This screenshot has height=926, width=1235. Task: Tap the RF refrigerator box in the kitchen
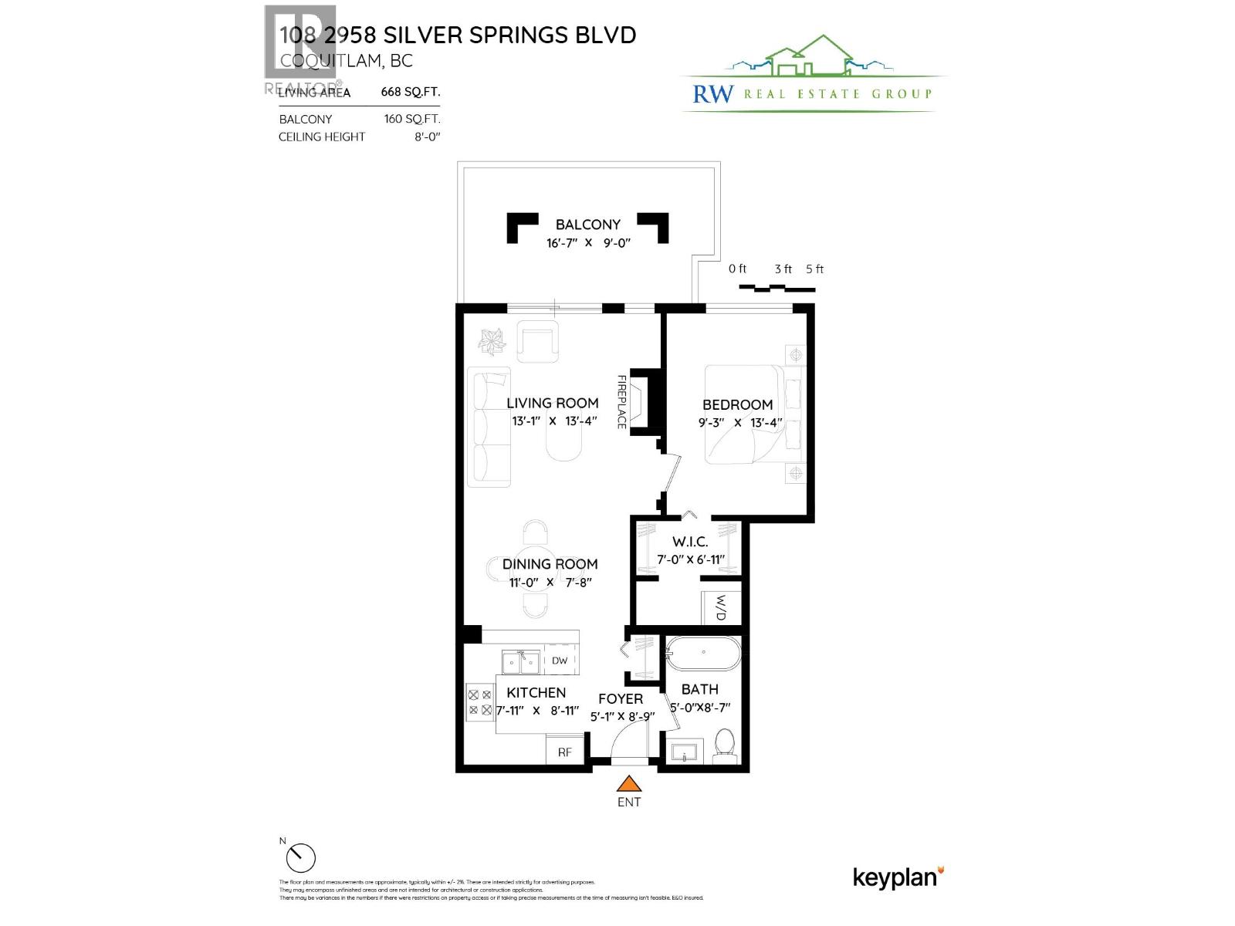565,751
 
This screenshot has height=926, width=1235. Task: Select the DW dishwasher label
560,661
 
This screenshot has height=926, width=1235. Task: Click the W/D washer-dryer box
721,607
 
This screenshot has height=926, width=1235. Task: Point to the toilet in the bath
725,745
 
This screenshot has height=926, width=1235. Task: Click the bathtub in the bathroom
702,654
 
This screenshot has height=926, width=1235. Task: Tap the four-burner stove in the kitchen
479,702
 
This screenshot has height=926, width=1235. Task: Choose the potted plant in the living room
491,340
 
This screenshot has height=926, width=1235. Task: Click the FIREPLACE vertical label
621,401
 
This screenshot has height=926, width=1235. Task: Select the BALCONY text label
587,225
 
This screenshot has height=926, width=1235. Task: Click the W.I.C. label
689,542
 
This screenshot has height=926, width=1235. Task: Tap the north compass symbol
300,857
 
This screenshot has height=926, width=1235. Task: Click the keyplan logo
898,877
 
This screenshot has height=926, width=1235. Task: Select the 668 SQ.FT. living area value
410,92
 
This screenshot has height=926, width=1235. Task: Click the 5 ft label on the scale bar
814,269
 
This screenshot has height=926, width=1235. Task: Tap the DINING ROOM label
550,564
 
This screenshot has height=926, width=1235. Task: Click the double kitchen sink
520,662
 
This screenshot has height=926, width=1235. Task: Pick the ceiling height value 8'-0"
427,137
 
